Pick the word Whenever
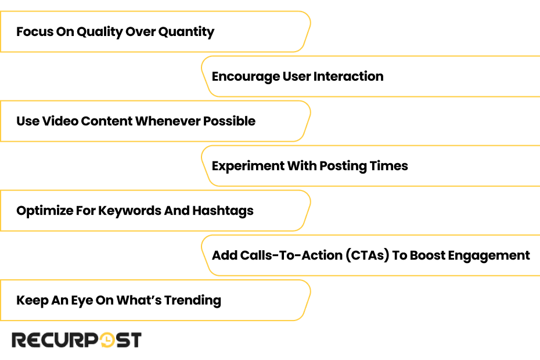click(168, 121)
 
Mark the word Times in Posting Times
click(389, 166)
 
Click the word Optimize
click(45, 211)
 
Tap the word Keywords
click(129, 211)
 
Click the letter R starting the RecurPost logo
click(20, 340)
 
